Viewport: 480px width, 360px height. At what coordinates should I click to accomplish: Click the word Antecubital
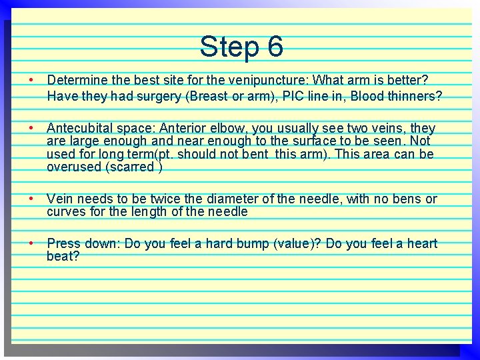point(81,127)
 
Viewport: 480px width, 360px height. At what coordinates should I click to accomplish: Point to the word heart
point(422,243)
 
